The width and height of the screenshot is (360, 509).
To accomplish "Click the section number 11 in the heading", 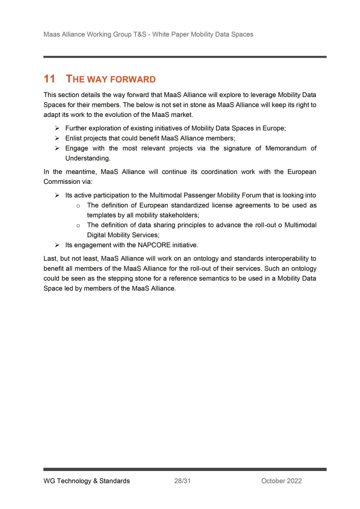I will pyautogui.click(x=49, y=79).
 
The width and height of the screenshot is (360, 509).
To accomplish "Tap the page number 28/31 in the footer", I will pyautogui.click(x=182, y=481).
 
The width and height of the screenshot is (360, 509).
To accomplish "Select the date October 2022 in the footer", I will pyautogui.click(x=281, y=481).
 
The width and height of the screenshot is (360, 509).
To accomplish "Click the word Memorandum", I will pyautogui.click(x=286, y=148).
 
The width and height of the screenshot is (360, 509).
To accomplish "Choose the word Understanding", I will pyautogui.click(x=87, y=158).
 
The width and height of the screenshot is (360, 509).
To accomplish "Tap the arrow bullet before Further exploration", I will pyautogui.click(x=57, y=128).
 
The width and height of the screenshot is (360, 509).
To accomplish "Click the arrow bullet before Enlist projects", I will pyautogui.click(x=57, y=138).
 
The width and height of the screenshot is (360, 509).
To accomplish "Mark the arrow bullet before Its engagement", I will pyautogui.click(x=57, y=245).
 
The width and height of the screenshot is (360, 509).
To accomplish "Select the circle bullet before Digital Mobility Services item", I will pyautogui.click(x=78, y=226).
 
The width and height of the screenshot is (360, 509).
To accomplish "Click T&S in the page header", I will pyautogui.click(x=140, y=34).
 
